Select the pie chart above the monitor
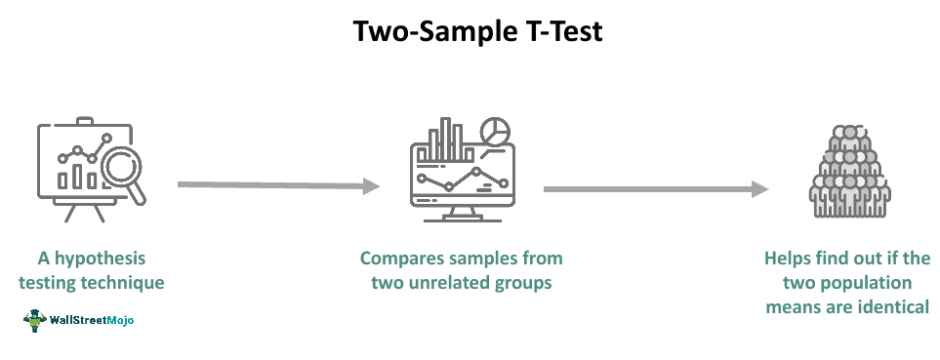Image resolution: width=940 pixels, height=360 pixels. pyautogui.click(x=498, y=131)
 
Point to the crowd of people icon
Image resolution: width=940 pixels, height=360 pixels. pyautogui.click(x=850, y=172)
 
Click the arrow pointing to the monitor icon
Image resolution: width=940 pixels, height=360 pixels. pyautogui.click(x=277, y=185)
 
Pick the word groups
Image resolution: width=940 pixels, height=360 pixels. pyautogui.click(x=533, y=283)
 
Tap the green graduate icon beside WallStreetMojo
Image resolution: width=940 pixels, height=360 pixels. pyautogui.click(x=35, y=318)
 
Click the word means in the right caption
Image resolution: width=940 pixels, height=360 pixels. pyautogui.click(x=796, y=306)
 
